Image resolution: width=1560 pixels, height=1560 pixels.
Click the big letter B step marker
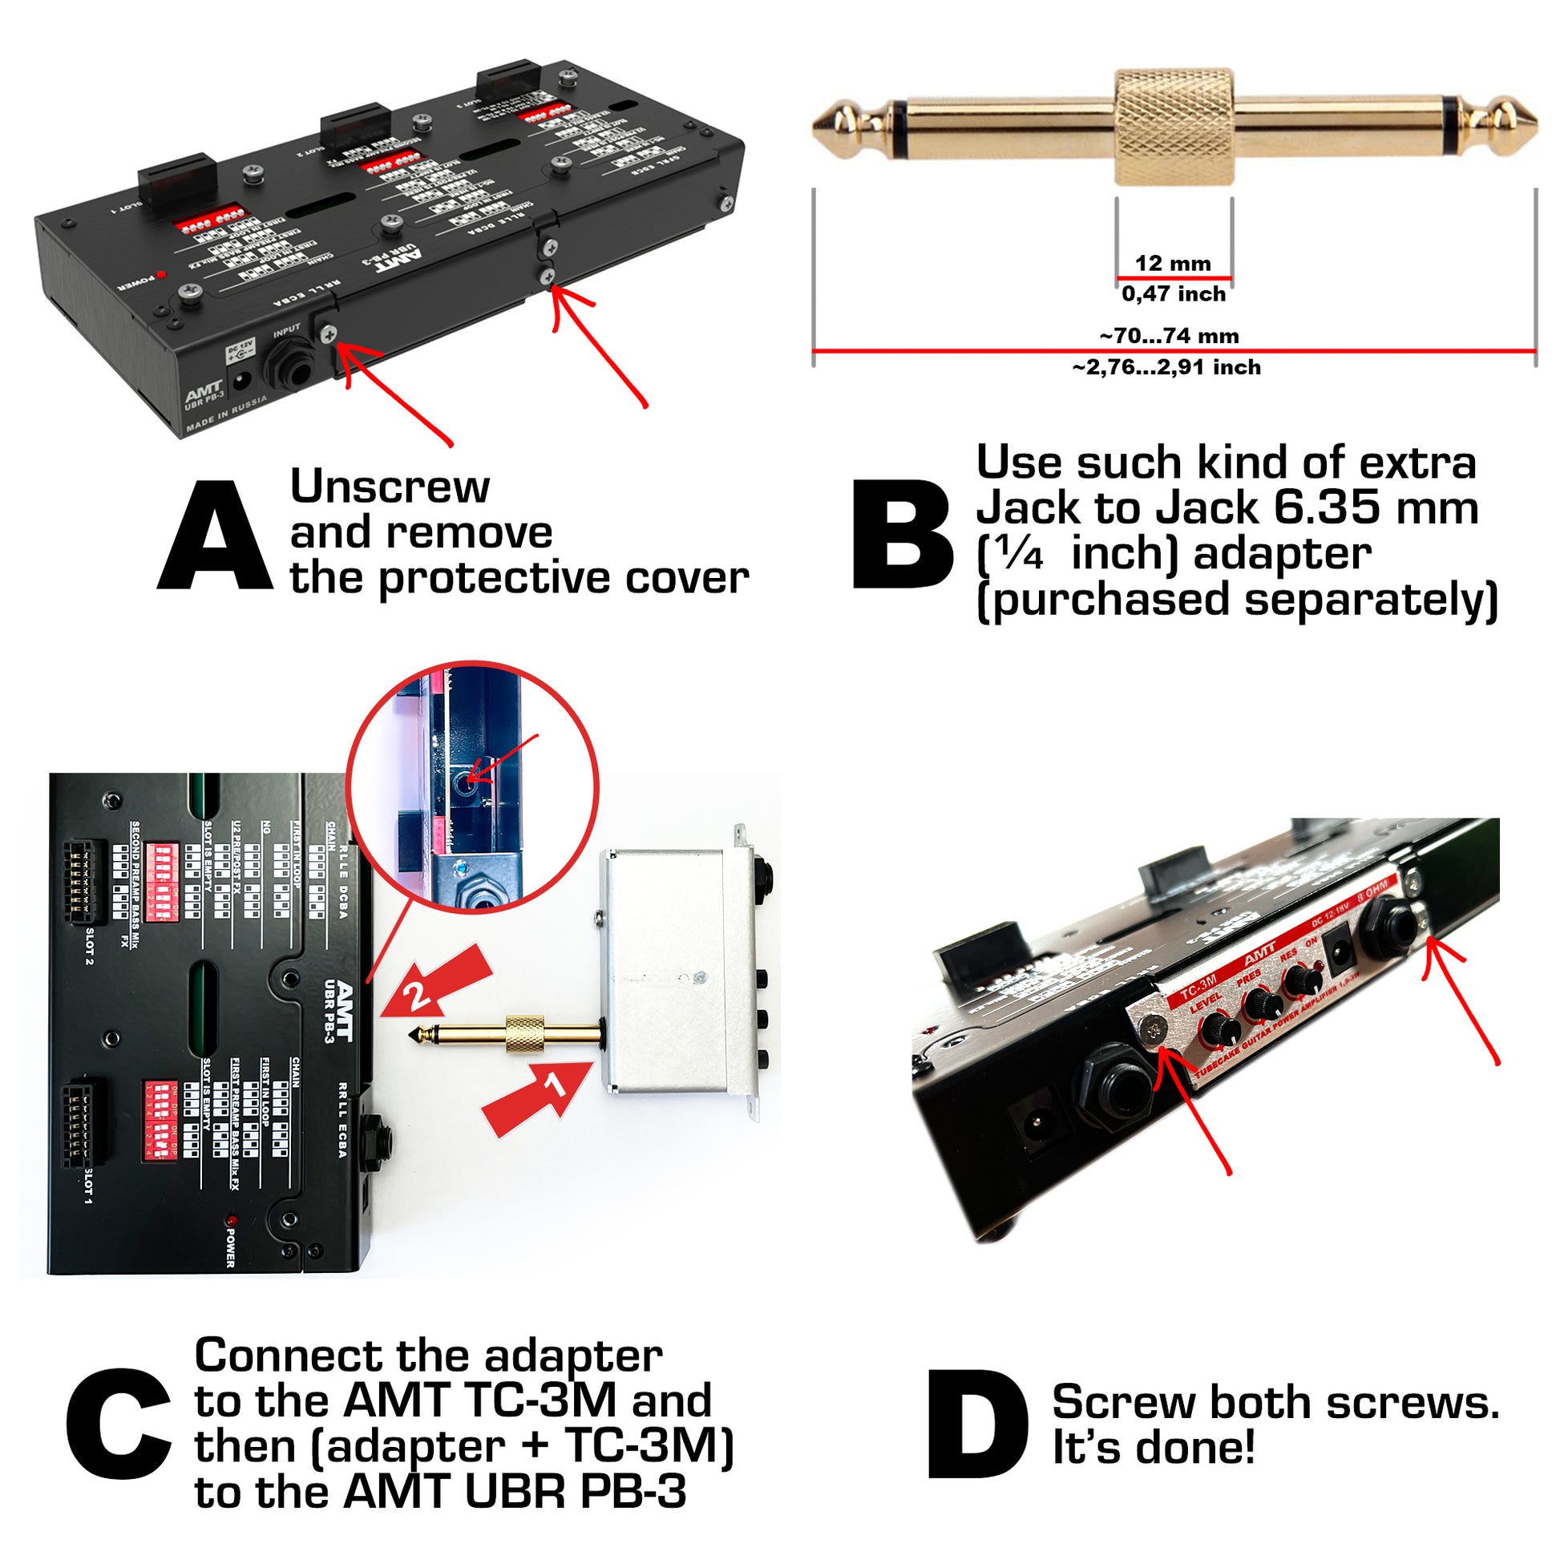point(903,535)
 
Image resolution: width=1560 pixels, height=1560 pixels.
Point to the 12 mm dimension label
point(1173,263)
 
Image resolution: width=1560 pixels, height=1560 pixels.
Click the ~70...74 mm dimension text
point(1168,336)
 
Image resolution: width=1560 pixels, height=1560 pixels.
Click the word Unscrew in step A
point(389,487)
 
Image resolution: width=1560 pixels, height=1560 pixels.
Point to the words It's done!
point(1153,1447)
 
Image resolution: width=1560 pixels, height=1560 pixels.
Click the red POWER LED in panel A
point(160,274)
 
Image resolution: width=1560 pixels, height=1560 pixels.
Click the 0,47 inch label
point(1174,294)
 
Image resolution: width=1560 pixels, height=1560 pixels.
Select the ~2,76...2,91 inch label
point(1166,368)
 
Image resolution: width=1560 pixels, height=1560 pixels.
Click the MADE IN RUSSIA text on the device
point(225,414)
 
